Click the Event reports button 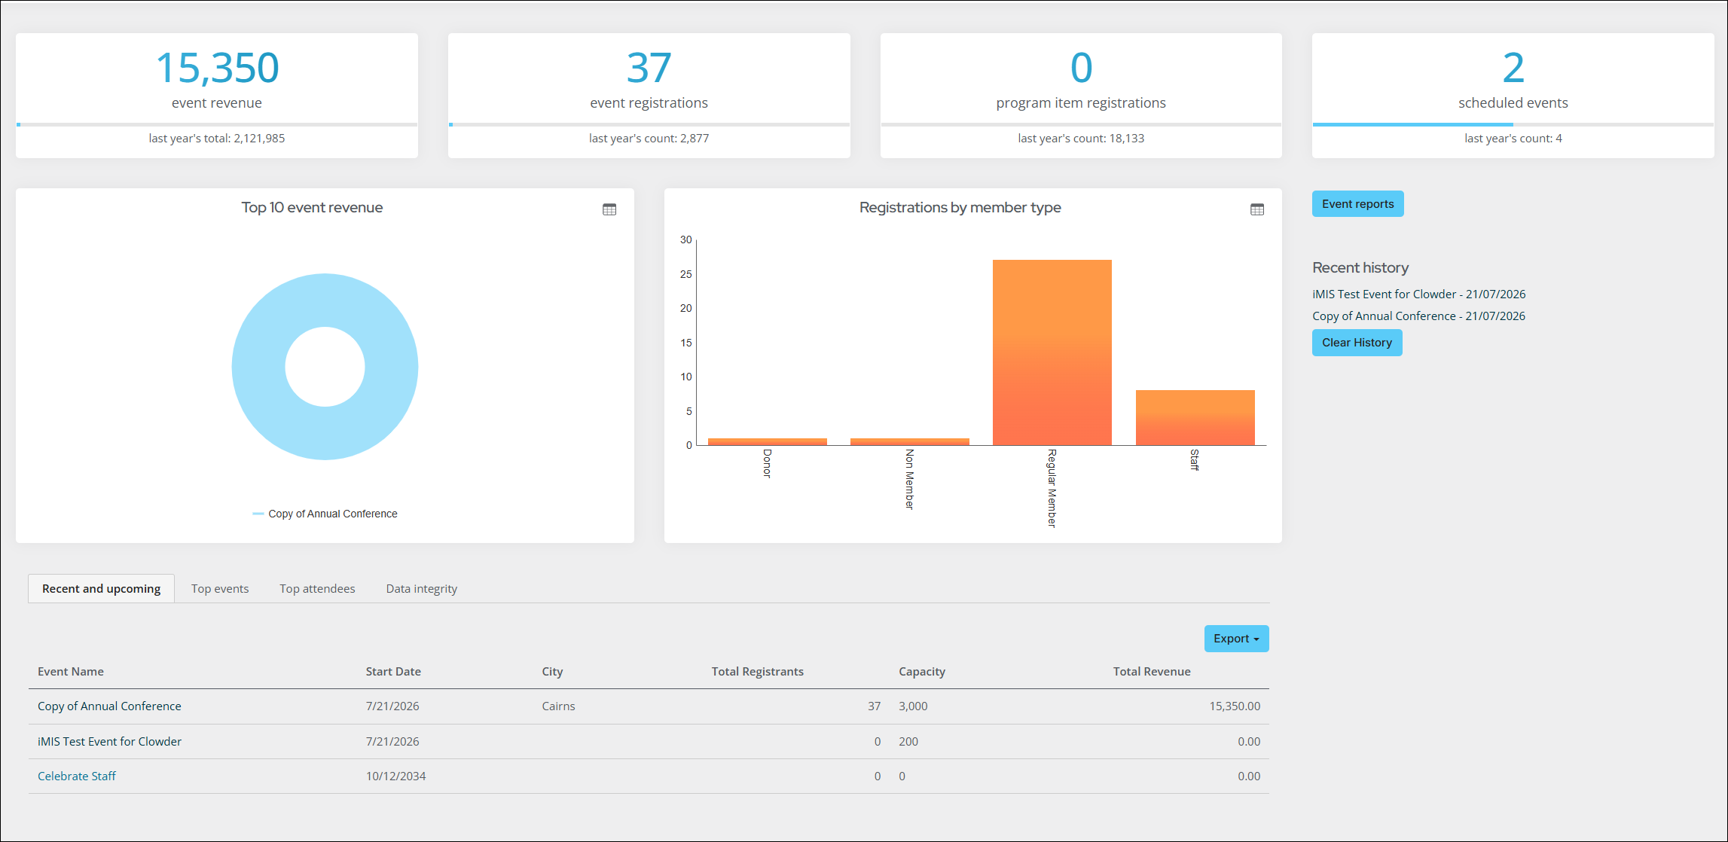1357,204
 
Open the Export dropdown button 1236,639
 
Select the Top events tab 220,589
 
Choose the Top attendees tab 317,589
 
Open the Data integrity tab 422,589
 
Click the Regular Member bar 1052,352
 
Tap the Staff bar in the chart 1195,417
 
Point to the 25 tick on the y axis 685,274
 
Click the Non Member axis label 909,480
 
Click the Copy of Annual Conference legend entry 325,514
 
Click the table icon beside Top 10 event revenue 609,209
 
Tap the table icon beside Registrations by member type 1257,209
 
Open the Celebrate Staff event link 77,776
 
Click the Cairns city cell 558,706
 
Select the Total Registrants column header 757,672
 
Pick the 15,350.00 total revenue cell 1235,706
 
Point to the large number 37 649,68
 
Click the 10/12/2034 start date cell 395,776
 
